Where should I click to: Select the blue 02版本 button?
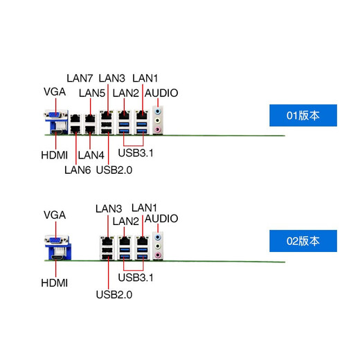point(303,242)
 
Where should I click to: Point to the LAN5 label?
point(92,93)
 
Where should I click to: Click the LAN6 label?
point(78,168)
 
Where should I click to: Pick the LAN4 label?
point(91,154)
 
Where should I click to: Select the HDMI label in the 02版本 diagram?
point(54,282)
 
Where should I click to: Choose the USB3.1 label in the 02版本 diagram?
point(136,278)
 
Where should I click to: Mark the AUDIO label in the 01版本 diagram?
point(161,93)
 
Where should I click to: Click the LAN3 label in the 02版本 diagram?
point(109,208)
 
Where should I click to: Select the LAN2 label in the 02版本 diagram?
point(126,221)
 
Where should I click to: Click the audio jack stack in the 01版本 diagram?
point(160,118)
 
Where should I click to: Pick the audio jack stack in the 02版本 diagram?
point(160,245)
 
